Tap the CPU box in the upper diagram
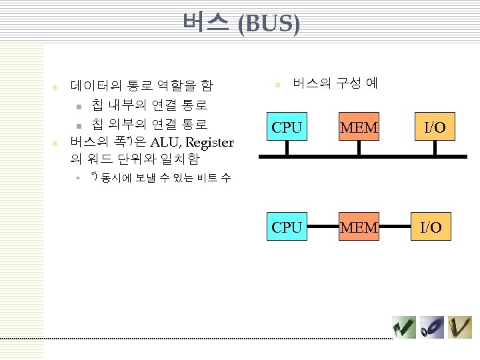tap(287, 127)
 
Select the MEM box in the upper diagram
tap(359, 127)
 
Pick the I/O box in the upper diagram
tap(435, 127)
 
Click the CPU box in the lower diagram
tap(287, 227)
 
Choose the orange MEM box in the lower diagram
tap(359, 227)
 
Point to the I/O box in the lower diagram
tap(431, 227)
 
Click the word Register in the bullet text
tap(209, 142)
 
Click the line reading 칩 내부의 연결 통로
tap(149, 105)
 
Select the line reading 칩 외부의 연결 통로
tap(149, 124)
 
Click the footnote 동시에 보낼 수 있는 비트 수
tap(166, 178)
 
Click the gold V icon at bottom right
tap(459, 327)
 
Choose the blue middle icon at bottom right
tap(432, 327)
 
